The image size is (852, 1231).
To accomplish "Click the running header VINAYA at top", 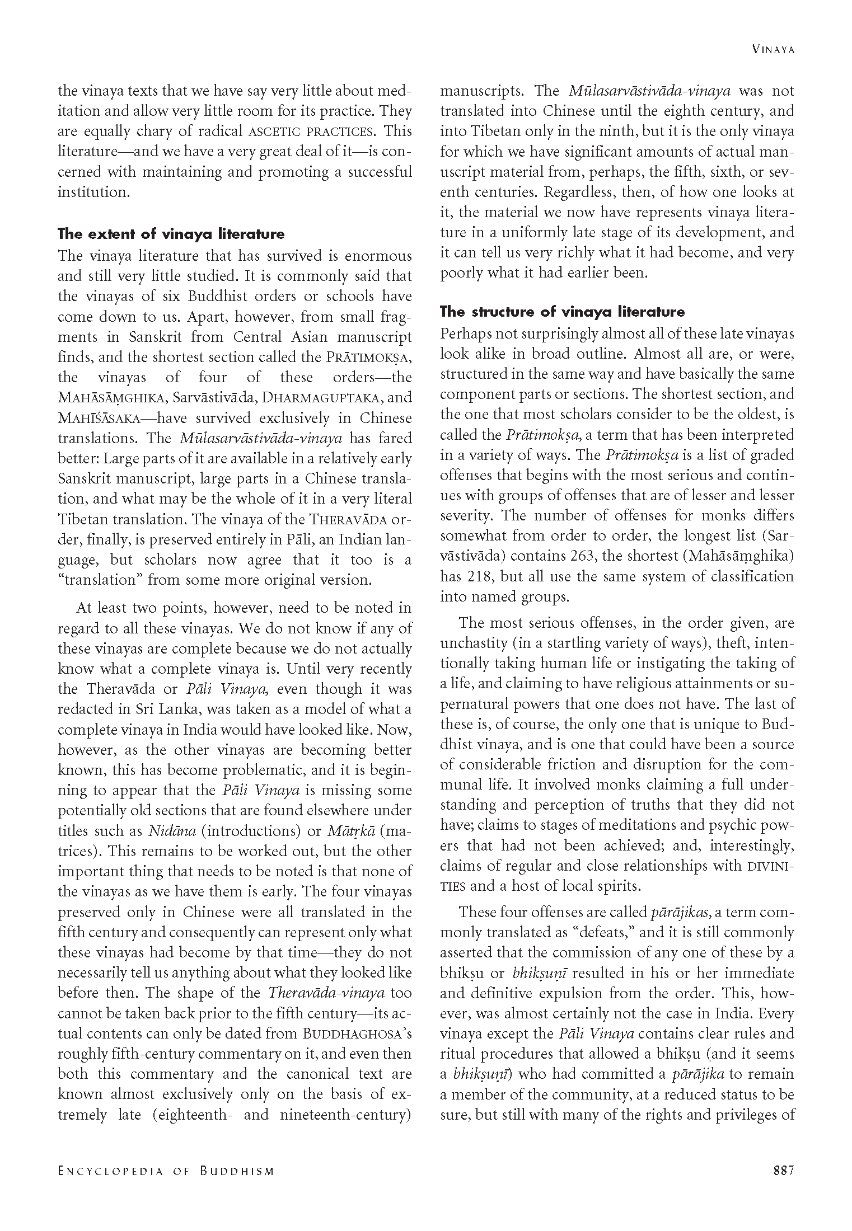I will tap(773, 49).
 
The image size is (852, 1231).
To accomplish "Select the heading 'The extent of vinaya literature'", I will tap(171, 234).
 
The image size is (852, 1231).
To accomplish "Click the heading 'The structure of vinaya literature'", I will tap(563, 311).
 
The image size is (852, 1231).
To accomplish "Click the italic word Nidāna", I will tap(172, 831).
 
